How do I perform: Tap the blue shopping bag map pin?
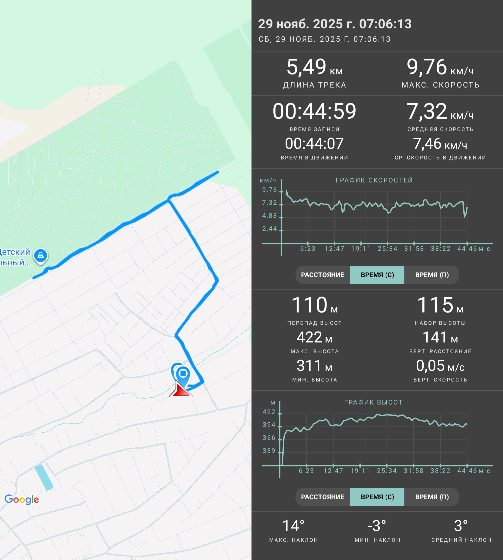(41, 256)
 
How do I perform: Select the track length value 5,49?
(306, 67)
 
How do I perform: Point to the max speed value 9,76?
(426, 67)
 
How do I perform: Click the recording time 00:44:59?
(314, 111)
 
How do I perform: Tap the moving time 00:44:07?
(314, 143)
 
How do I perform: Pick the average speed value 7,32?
(426, 111)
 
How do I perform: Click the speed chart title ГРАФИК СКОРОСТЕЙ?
(374, 180)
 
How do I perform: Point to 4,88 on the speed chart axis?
(269, 216)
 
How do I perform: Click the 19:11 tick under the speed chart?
(361, 249)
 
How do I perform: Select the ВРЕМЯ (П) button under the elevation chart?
(432, 497)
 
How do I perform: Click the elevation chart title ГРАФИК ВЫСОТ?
(373, 402)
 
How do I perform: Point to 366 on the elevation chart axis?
(269, 438)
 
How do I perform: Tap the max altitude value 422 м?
(314, 337)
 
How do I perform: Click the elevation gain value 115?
(435, 305)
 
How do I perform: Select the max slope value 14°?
(293, 526)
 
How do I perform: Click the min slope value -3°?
(377, 526)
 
